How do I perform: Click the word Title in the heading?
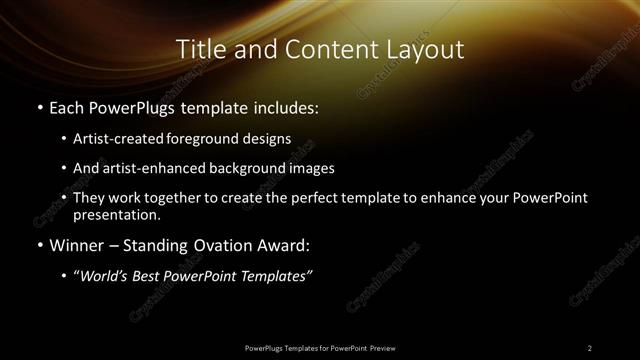pos(201,50)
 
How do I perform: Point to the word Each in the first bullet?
pos(66,106)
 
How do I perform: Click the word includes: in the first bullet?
pos(286,106)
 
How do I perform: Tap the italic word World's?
pos(104,276)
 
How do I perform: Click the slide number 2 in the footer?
pos(590,347)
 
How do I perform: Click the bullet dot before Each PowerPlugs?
pos(39,107)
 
